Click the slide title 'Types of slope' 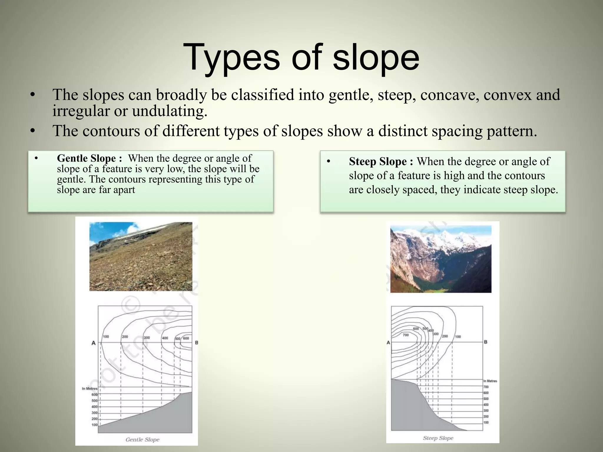(x=301, y=57)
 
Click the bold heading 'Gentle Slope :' (x=89, y=158)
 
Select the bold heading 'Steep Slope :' (x=381, y=162)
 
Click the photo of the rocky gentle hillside (x=141, y=256)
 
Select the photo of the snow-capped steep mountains (x=440, y=259)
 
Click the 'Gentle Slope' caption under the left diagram (x=142, y=439)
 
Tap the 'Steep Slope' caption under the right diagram (x=438, y=438)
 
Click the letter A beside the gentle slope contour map (x=94, y=343)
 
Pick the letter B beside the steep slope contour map (x=486, y=342)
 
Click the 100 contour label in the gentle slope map (x=106, y=337)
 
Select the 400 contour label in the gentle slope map (x=165, y=338)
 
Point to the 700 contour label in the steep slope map (x=405, y=335)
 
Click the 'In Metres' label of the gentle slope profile (x=90, y=388)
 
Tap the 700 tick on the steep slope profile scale (x=486, y=387)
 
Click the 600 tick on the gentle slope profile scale (x=95, y=395)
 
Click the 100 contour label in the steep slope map (x=458, y=337)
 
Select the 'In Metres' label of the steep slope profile (x=490, y=381)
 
